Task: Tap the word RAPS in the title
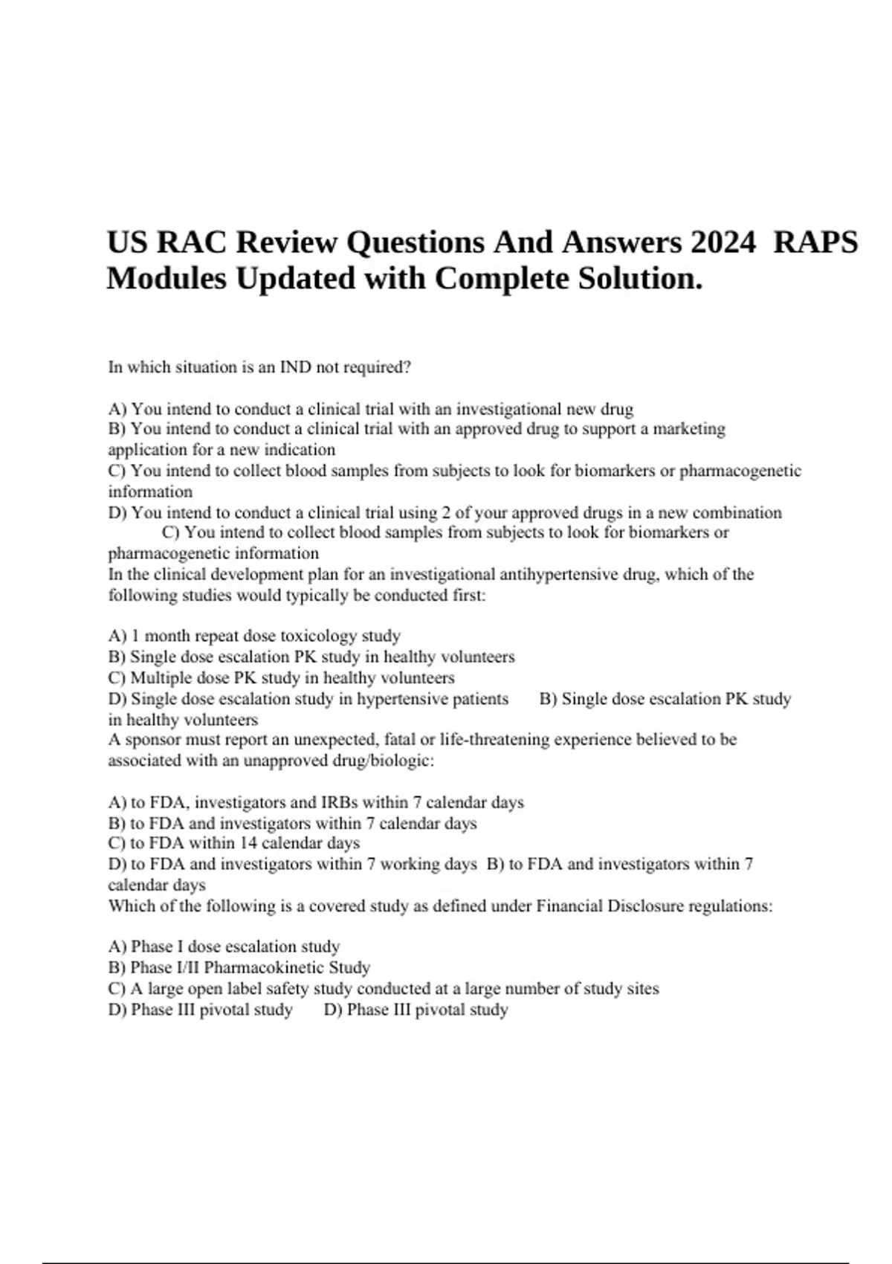tap(815, 242)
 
